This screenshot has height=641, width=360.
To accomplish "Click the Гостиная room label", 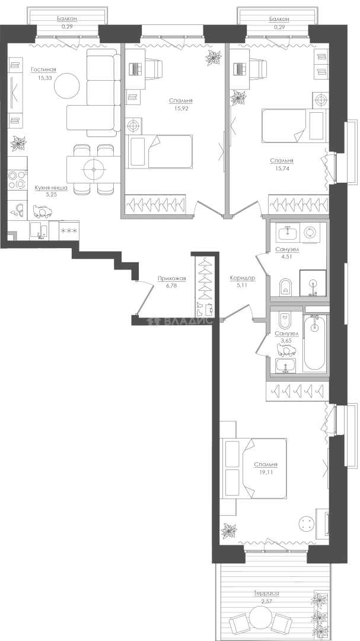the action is pyautogui.click(x=43, y=70).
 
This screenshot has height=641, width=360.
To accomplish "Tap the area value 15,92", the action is pyautogui.click(x=181, y=109).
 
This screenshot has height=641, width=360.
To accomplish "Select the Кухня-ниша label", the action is pyautogui.click(x=51, y=188).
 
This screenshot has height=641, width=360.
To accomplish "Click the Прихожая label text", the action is pyautogui.click(x=172, y=279).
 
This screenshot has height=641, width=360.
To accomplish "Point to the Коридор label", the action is pyautogui.click(x=243, y=278).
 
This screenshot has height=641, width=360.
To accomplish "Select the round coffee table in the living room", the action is pyautogui.click(x=67, y=86).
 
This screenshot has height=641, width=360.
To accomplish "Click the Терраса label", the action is pyautogui.click(x=266, y=593).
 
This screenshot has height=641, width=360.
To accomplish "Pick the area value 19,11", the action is pyautogui.click(x=266, y=472).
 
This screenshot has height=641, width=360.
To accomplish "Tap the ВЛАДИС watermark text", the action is pyautogui.click(x=189, y=321).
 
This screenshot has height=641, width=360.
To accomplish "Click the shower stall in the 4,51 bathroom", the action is pyautogui.click(x=313, y=283).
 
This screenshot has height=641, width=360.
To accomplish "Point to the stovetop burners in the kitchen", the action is pyautogui.click(x=17, y=180).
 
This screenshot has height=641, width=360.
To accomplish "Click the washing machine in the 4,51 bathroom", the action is pyautogui.click(x=313, y=233).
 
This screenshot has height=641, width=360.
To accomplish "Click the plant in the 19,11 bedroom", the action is pyautogui.click(x=229, y=531).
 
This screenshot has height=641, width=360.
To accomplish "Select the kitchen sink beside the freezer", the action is pyautogui.click(x=39, y=230).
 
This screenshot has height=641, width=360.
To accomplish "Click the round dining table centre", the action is pyautogui.click(x=94, y=170).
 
